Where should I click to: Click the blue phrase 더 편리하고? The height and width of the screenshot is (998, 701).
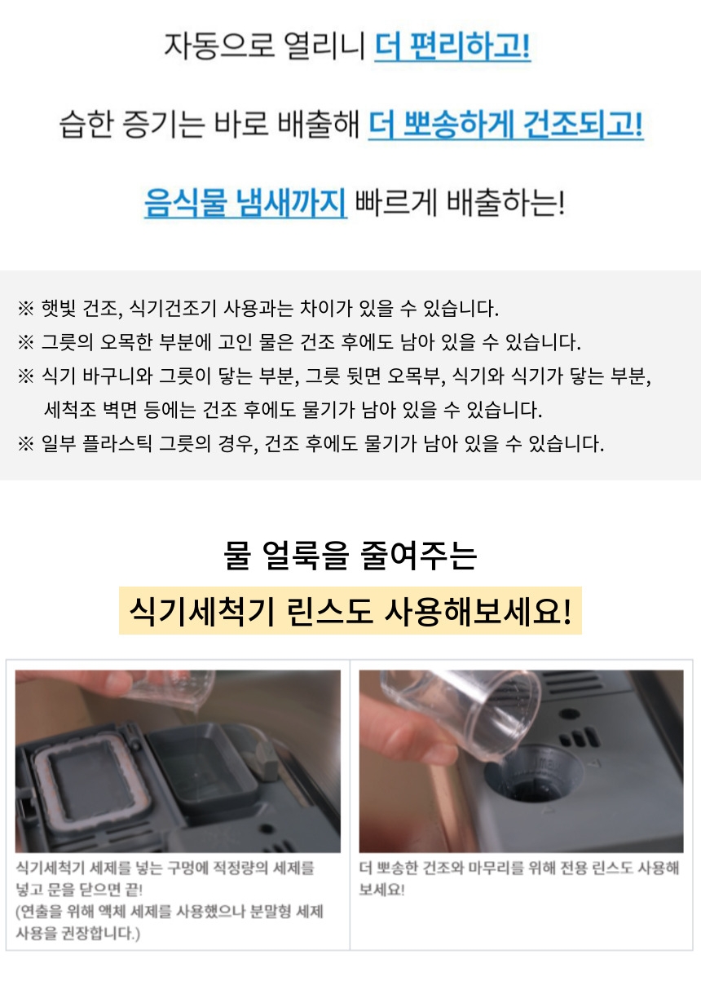[x=452, y=46]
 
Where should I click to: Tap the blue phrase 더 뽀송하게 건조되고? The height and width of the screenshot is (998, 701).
[x=506, y=125]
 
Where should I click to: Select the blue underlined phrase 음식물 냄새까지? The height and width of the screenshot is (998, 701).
[x=245, y=202]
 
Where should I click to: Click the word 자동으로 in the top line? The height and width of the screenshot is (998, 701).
[x=219, y=46]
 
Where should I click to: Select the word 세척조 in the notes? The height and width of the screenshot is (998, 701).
[x=69, y=410]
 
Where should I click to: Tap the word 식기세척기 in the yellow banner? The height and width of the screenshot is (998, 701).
[x=201, y=611]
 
